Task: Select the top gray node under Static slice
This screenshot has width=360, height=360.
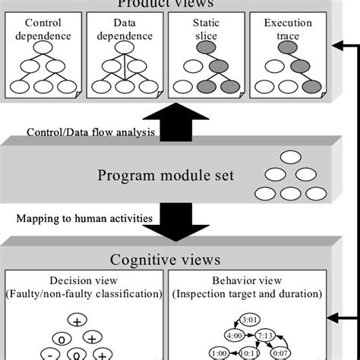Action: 203,48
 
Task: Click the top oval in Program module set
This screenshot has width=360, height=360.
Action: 291,158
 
